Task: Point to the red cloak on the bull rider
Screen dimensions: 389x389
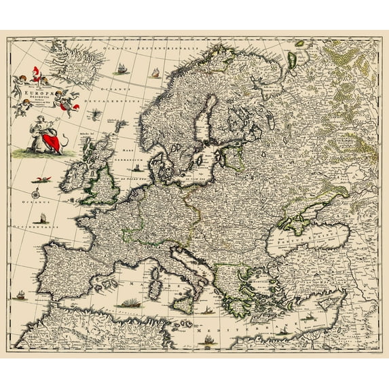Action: (48, 141)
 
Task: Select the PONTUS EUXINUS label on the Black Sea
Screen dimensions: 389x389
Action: (299, 240)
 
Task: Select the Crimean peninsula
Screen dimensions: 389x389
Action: (293, 219)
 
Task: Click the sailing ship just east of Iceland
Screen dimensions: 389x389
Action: (121, 69)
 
